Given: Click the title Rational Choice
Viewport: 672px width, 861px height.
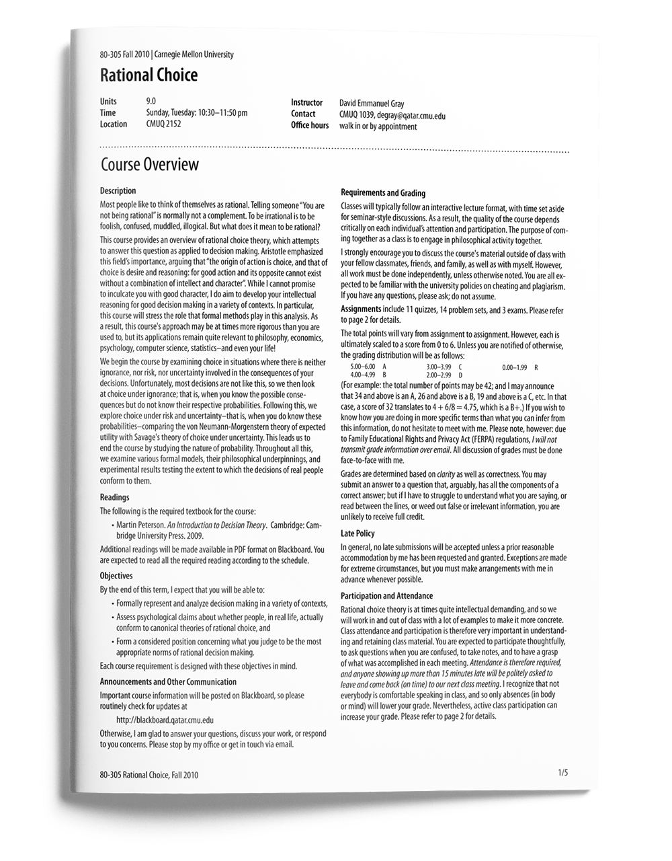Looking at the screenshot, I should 149,75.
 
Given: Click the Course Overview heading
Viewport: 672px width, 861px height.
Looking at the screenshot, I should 149,165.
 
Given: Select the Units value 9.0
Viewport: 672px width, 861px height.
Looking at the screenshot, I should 151,102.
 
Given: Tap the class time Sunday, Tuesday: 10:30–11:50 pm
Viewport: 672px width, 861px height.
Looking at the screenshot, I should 196,113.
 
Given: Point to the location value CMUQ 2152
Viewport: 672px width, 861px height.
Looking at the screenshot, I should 163,124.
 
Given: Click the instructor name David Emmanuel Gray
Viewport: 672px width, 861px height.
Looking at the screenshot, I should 372,104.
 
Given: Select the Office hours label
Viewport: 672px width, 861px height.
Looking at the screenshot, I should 310,126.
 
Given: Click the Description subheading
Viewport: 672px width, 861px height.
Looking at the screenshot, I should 118,191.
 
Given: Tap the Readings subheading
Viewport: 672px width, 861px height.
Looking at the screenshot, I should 114,498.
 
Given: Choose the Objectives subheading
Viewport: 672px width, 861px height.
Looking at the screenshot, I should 116,576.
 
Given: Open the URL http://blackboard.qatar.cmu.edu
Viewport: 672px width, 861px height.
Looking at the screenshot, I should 165,720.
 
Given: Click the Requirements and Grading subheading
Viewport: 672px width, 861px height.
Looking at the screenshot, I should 383,193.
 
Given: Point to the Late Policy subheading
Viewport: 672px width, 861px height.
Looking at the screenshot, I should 358,533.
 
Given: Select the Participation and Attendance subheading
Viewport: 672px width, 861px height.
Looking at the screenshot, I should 386,596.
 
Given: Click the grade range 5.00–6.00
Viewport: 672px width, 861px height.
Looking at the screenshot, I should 363,367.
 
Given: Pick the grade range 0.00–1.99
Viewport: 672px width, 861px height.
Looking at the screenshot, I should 514,367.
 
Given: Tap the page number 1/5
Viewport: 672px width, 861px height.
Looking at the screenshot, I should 562,773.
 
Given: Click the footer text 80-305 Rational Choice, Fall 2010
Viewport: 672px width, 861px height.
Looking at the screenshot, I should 149,775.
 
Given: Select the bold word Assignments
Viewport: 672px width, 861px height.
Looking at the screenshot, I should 361,309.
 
